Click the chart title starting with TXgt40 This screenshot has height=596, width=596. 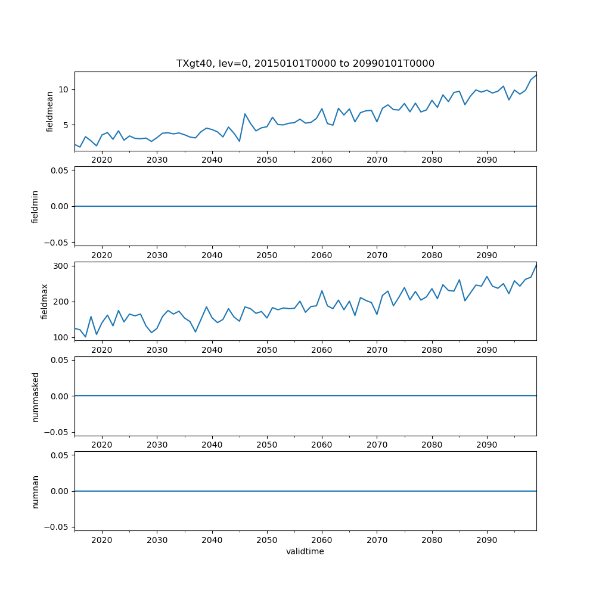point(305,63)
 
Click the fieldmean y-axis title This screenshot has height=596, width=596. point(50,111)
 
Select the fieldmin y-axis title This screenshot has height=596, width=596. point(35,206)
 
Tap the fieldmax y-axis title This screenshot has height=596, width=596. point(44,301)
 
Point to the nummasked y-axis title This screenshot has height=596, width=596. point(35,396)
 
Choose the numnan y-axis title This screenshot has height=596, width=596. point(35,491)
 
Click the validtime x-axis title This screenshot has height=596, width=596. point(305,552)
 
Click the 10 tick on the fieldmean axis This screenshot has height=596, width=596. point(64,89)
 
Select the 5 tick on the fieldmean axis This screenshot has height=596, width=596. point(67,125)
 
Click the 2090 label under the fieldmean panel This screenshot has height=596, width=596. point(487,160)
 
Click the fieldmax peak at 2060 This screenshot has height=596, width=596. point(322,291)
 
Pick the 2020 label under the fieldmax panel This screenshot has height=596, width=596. point(102,350)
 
